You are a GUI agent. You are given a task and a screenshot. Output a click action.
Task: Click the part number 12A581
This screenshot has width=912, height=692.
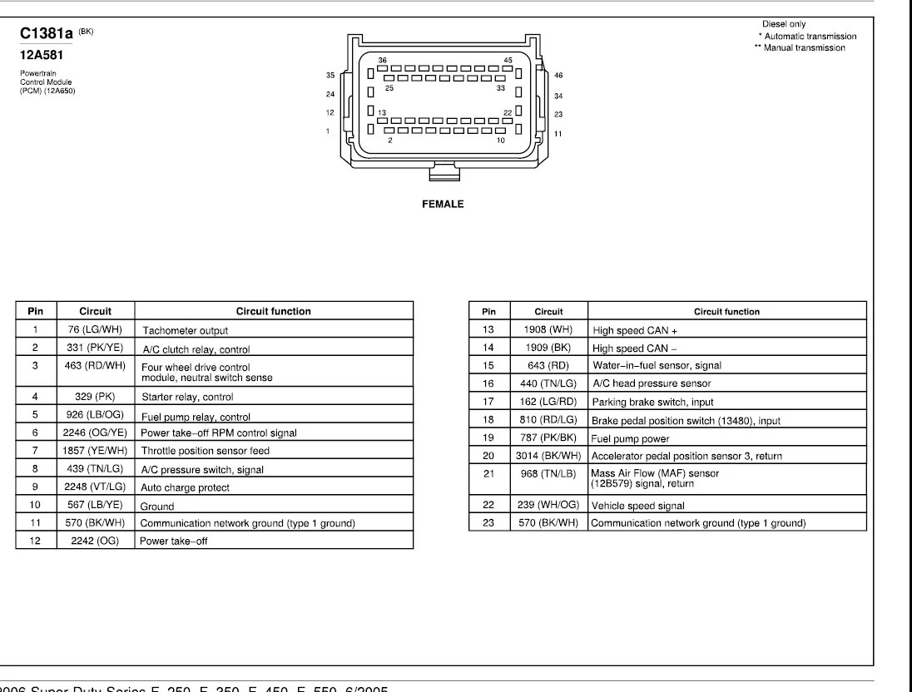tap(42, 57)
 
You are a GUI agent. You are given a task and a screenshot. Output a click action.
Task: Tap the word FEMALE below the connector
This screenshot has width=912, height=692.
tap(443, 204)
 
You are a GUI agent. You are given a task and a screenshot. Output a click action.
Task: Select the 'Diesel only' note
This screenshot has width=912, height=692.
tap(783, 24)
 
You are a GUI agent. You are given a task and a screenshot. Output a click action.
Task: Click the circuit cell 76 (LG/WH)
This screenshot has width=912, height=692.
tap(95, 329)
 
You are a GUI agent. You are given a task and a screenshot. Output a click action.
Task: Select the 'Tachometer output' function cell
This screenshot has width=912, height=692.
tap(185, 330)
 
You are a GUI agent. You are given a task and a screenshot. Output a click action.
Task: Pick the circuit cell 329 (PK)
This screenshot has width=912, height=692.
tap(95, 397)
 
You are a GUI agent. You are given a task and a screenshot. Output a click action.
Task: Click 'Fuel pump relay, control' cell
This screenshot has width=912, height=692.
tap(196, 417)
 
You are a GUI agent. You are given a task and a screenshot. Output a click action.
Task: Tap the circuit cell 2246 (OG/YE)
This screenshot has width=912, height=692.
tap(95, 432)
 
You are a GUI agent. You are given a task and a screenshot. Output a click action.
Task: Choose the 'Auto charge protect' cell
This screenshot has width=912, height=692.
tap(185, 487)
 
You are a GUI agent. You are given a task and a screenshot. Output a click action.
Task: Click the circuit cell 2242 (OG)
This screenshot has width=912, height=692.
tap(95, 539)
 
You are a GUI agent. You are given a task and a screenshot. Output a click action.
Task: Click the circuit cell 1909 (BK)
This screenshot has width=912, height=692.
tap(548, 348)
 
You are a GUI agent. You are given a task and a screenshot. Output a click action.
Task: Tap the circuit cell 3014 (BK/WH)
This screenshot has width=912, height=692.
tap(548, 455)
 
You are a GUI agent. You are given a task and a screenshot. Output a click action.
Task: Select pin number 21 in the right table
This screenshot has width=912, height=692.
tap(488, 474)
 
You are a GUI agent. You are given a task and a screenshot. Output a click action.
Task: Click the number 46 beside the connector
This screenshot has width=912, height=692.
tap(558, 75)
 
